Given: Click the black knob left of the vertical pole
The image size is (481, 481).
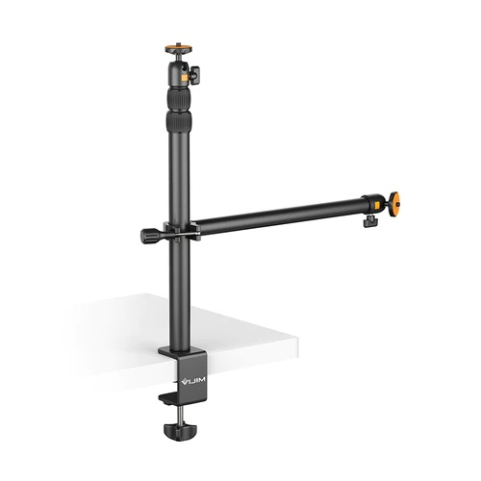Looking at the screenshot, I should click(148, 234).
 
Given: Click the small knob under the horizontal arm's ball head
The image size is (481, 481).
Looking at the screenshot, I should click(369, 222).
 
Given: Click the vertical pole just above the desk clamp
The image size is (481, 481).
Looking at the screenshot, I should click(179, 327).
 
